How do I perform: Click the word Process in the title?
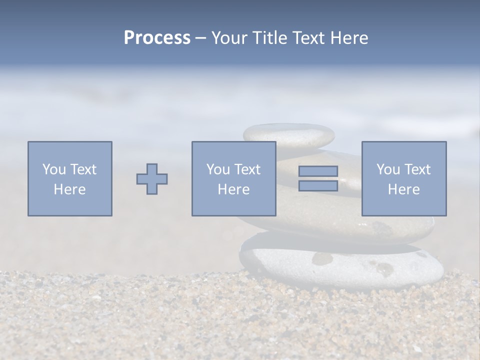pos(157,37)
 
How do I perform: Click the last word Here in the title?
pos(350,37)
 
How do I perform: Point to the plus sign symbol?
pos(152,178)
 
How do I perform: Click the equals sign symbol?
pos(318,178)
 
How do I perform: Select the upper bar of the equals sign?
pos(318,171)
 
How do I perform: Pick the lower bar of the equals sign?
pos(318,185)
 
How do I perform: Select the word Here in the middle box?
pos(234,189)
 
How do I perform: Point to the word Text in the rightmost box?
pos(416,169)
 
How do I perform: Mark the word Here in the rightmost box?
pos(404,189)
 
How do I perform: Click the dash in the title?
pos(200,38)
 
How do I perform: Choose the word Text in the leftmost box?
pos(82,169)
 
